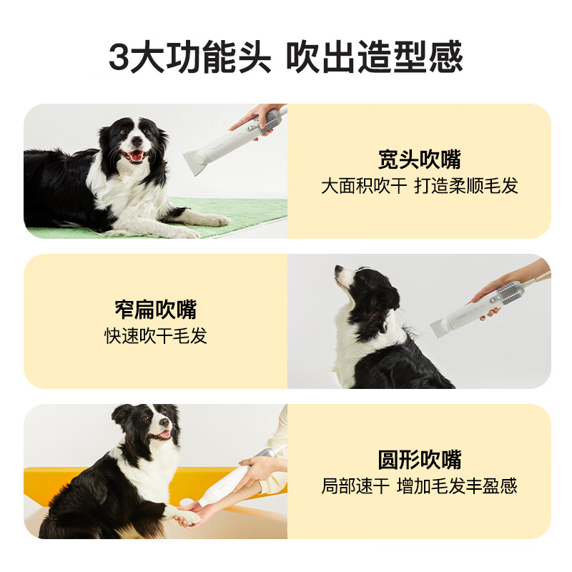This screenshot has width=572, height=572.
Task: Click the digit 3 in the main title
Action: tap(119, 57)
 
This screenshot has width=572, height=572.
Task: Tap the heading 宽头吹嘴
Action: tap(419, 159)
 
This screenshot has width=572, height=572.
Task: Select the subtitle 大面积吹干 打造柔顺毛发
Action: tap(419, 186)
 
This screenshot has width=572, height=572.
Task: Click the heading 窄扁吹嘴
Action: tap(156, 310)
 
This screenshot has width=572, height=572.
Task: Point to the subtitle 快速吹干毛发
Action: tap(156, 335)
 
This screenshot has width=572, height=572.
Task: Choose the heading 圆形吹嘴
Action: tap(419, 459)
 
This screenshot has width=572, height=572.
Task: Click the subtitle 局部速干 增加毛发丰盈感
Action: tap(419, 486)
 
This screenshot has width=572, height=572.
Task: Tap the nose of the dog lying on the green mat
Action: tap(137, 140)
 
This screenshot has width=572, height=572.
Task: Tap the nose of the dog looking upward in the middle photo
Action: tap(338, 270)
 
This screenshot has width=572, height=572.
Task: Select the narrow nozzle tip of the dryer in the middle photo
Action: tap(438, 328)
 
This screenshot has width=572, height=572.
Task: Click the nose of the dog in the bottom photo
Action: tap(164, 423)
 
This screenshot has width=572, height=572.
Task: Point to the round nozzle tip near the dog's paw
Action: tap(187, 502)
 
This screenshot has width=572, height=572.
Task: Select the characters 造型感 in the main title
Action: tap(410, 57)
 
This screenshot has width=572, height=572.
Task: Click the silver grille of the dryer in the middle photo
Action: tap(508, 292)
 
